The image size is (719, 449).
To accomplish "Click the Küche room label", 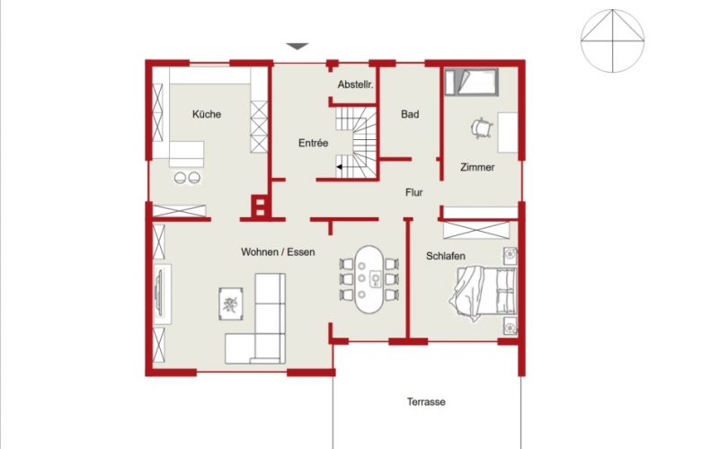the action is click(x=207, y=114).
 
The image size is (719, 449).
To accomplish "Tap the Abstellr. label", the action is click(x=355, y=84).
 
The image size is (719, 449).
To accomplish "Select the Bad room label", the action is click(x=410, y=114).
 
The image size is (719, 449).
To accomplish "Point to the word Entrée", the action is click(x=313, y=143).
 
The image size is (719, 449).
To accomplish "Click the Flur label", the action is click(x=413, y=192).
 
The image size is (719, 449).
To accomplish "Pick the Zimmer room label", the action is click(x=477, y=167).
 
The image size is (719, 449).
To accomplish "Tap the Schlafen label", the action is click(x=445, y=256).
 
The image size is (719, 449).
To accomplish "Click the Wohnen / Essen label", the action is click(x=278, y=252).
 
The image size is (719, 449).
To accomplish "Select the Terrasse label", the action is click(x=426, y=401).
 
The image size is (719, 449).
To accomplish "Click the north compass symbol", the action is click(x=613, y=40).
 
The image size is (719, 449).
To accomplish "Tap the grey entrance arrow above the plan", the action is click(x=297, y=47).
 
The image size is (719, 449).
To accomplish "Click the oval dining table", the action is click(x=369, y=279).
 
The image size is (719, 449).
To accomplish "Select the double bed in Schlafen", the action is click(x=484, y=292).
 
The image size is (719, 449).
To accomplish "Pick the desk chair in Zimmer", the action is click(x=482, y=128).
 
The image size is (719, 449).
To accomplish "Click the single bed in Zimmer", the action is click(x=471, y=82).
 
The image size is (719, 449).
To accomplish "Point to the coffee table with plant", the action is click(x=231, y=304).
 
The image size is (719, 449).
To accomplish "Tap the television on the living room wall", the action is click(x=160, y=294).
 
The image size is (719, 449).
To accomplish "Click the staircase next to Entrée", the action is click(x=356, y=143).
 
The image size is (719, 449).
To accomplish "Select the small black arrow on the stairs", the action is click(x=340, y=167).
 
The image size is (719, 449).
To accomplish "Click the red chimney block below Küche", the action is click(x=259, y=206).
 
